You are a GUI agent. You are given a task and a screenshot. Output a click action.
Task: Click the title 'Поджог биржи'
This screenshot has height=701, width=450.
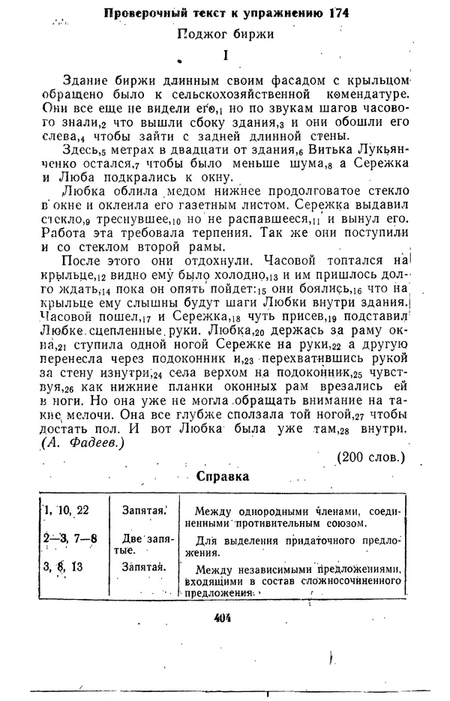pos(224,33)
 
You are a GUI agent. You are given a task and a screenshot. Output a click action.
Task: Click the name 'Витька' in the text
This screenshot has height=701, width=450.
pos(305,150)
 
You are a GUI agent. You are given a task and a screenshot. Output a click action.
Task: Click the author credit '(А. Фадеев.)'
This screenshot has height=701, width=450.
pos(82,444)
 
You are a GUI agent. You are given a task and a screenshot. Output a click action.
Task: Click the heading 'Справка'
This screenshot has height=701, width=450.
pos(223,477)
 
